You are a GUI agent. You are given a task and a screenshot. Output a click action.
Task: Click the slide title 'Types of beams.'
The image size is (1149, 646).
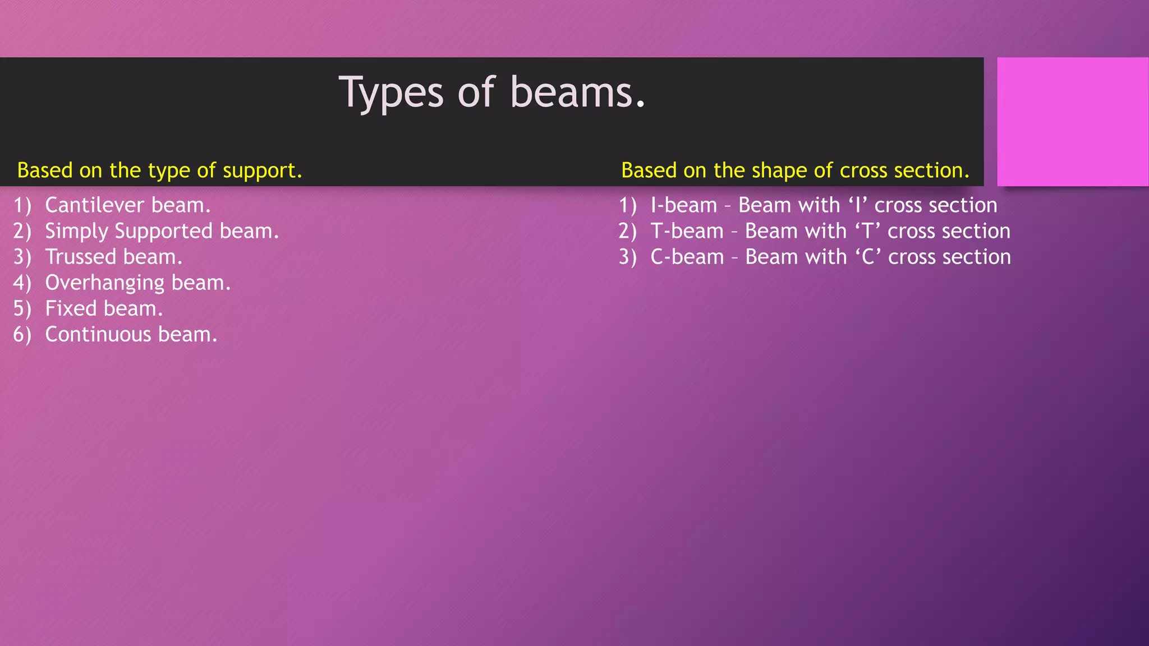(492, 92)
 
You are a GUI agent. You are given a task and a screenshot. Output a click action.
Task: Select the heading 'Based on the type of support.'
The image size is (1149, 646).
(159, 170)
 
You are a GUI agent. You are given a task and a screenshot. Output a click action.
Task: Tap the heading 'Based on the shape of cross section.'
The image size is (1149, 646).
(795, 170)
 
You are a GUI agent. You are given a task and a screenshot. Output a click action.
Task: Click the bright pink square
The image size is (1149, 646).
(1072, 121)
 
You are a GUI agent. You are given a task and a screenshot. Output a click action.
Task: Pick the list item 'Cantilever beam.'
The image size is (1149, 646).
(127, 205)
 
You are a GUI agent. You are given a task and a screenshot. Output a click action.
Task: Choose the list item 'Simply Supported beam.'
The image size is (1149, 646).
(162, 231)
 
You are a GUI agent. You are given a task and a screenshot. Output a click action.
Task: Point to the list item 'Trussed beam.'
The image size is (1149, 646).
(113, 257)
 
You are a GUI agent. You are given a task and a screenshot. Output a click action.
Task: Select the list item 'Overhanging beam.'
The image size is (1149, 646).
(137, 283)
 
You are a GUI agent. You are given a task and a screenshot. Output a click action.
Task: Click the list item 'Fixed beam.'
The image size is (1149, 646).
(104, 308)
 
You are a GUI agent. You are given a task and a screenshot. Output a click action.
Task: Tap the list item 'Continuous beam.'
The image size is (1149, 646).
(131, 334)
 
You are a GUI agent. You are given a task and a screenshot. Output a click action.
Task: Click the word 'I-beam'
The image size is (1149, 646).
(683, 205)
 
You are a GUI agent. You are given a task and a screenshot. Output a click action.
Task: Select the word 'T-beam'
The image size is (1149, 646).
(687, 231)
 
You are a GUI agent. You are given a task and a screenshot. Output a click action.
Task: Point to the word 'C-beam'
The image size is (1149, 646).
(687, 257)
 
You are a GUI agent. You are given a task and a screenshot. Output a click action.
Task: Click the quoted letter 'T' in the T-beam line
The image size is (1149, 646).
(867, 231)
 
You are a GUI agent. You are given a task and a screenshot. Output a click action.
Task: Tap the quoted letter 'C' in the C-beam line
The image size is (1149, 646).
(868, 257)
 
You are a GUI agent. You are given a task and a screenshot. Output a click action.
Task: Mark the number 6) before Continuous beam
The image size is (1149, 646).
(22, 335)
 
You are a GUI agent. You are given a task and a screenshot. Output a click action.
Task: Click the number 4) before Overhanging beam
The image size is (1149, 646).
(22, 283)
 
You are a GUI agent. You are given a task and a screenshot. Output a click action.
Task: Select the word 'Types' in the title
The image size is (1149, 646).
(391, 93)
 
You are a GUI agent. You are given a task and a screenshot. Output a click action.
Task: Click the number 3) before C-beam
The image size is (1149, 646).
(627, 257)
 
